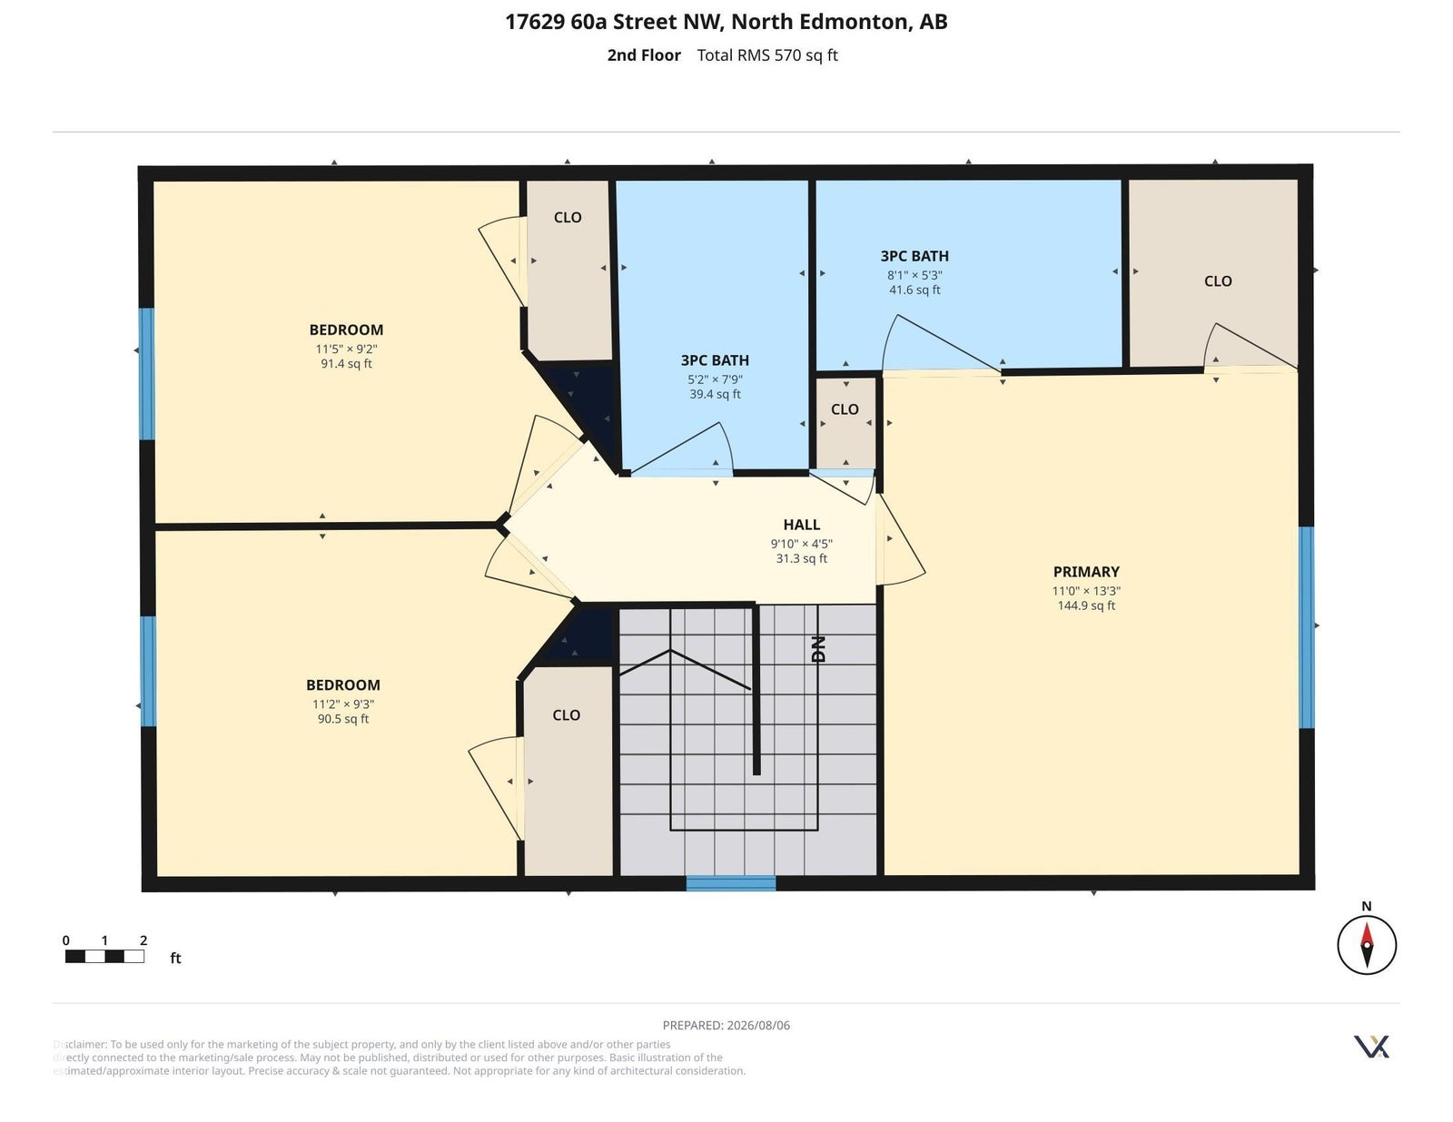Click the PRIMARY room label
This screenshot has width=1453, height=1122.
(1086, 572)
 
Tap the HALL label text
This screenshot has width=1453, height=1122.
(802, 526)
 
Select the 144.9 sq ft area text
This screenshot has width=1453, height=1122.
(1086, 606)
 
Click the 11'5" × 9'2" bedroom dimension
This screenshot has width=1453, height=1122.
(346, 349)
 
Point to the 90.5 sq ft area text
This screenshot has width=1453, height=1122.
(343, 719)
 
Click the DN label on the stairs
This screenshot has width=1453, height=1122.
(818, 650)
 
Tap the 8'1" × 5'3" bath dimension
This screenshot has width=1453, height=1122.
(914, 275)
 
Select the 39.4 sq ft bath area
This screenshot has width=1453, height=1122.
(715, 394)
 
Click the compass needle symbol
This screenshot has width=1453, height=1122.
(1367, 945)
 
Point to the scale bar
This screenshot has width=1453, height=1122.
(105, 956)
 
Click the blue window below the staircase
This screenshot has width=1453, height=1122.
(731, 883)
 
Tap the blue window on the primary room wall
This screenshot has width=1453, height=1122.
(1307, 627)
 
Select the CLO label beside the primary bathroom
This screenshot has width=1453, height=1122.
(1218, 281)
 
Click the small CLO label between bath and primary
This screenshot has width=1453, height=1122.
(845, 409)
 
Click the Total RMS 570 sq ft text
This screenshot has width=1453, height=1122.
(767, 55)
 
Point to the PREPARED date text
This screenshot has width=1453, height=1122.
(726, 1025)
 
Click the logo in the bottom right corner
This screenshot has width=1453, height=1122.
(1371, 1047)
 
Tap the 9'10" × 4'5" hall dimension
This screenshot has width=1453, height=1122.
(802, 544)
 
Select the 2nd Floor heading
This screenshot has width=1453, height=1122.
(644, 55)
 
